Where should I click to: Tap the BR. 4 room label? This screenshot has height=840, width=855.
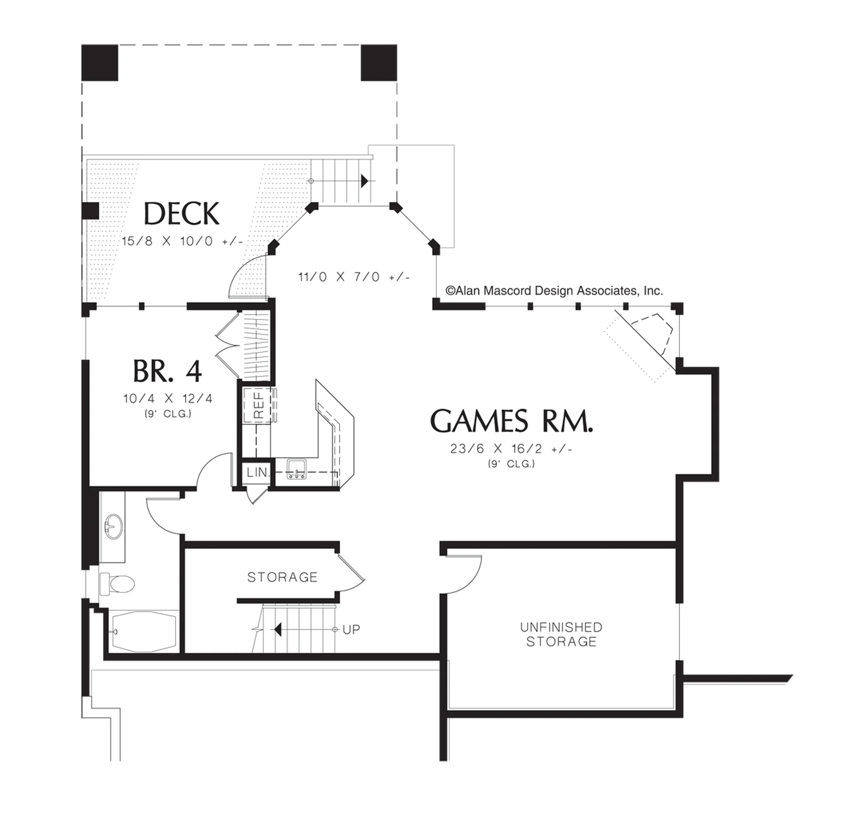[x=168, y=371]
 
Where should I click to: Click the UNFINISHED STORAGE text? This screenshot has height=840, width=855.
[x=561, y=634]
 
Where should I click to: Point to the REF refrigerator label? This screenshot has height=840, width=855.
[x=259, y=405]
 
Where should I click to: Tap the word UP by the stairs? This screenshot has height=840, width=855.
[x=351, y=630]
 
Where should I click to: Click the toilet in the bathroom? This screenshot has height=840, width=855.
[x=117, y=584]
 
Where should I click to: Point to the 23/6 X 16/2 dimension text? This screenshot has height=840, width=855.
[x=511, y=449]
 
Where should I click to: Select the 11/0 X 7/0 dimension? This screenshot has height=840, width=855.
[x=354, y=277]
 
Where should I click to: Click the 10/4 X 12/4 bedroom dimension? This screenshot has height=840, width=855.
[x=168, y=399]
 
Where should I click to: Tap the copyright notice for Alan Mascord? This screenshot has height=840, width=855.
[x=554, y=291]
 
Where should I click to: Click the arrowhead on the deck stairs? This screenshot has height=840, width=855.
[x=364, y=181]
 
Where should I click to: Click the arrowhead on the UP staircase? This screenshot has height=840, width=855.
[x=278, y=630]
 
